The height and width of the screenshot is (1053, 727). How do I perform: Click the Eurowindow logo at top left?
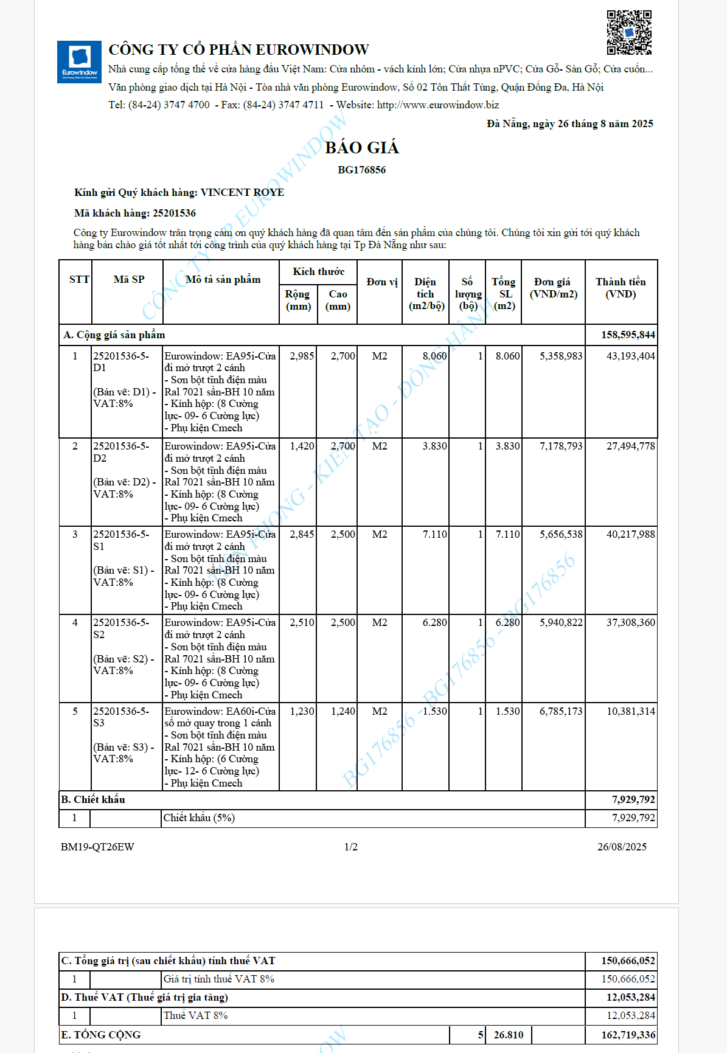pos(79,62)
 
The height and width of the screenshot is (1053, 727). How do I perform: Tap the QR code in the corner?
pos(629,32)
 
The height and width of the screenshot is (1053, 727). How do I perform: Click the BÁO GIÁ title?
pos(362,148)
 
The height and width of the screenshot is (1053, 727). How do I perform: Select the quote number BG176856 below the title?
pos(362,170)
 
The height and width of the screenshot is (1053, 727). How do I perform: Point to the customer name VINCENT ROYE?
pos(242,193)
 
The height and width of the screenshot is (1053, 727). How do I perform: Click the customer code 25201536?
pos(174,214)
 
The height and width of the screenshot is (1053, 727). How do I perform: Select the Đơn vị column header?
pos(381,282)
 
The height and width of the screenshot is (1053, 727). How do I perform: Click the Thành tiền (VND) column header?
pos(621,288)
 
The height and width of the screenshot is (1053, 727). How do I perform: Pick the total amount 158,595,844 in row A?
pos(628,335)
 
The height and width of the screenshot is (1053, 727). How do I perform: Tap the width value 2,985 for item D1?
pos(302,356)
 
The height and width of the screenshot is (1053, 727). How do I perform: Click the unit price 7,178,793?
pos(561,447)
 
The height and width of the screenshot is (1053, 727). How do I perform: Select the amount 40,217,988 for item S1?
pos(630,535)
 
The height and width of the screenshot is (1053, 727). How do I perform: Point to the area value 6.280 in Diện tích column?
pos(434,623)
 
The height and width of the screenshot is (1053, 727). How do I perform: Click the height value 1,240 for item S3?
pos(343,711)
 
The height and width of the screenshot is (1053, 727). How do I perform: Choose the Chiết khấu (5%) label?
pos(199,818)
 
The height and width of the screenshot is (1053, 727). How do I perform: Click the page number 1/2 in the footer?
pos(351,847)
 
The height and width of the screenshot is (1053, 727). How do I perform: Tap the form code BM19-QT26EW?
pos(97,847)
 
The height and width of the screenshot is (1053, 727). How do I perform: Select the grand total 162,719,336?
pos(628,1035)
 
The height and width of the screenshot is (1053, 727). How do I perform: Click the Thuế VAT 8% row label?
pos(195,1016)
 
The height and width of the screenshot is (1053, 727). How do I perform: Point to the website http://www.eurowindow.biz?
pos(438,105)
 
